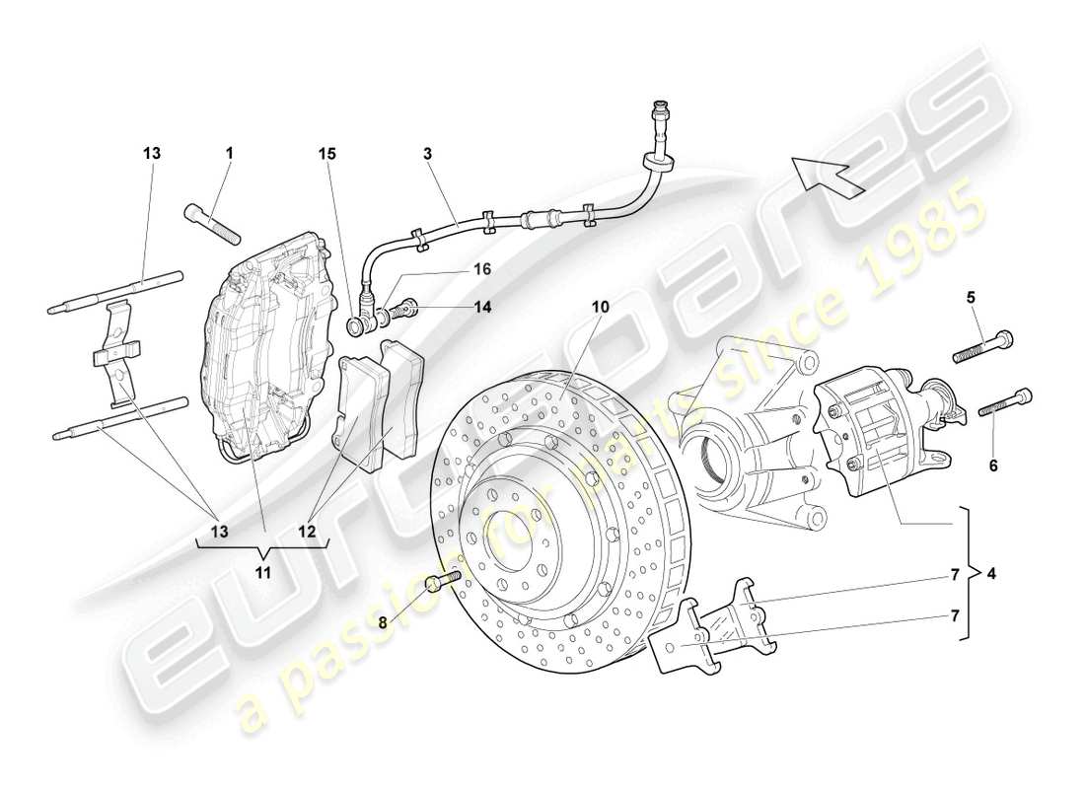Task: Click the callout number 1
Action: coord(229,154)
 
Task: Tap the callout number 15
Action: coord(327,154)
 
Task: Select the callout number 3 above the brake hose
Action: coord(427,154)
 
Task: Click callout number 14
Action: coord(482,307)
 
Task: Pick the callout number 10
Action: coord(601,307)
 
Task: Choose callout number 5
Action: coord(970,295)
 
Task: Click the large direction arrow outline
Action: coord(829,173)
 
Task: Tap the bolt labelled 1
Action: coord(213,223)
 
